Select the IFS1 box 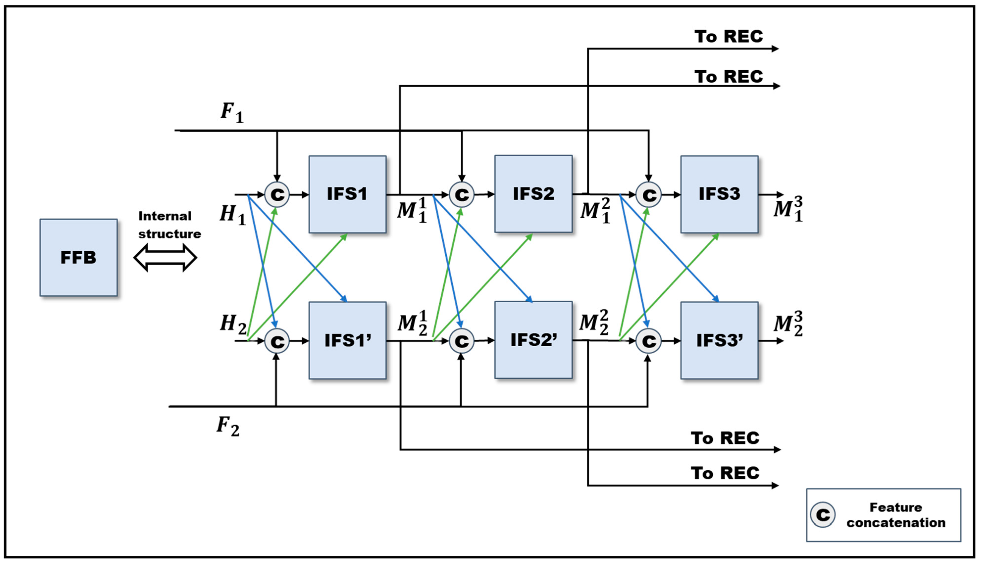pyautogui.click(x=347, y=194)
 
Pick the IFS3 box pyautogui.click(x=719, y=194)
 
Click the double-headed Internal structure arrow pyautogui.click(x=165, y=257)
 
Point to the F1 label pyautogui.click(x=232, y=112)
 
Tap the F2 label pyautogui.click(x=228, y=426)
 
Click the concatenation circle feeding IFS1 pyautogui.click(x=277, y=194)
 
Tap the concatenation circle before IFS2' pyautogui.click(x=461, y=341)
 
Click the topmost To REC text pyautogui.click(x=728, y=37)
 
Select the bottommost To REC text pyautogui.click(x=725, y=473)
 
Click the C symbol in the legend pyautogui.click(x=823, y=514)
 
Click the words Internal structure pyautogui.click(x=169, y=225)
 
